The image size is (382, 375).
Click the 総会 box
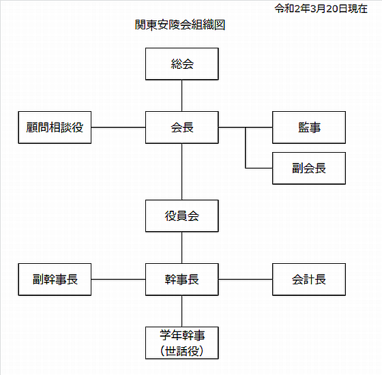click(x=182, y=64)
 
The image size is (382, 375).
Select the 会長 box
click(x=182, y=127)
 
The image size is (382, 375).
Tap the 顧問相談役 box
click(x=55, y=127)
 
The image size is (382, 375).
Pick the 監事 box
click(x=309, y=127)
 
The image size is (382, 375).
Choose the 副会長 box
click(x=309, y=168)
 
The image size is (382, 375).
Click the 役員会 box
click(x=182, y=215)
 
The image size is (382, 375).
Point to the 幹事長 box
click(x=182, y=280)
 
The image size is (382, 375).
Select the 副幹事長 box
click(x=55, y=280)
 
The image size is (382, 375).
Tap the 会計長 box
click(x=309, y=280)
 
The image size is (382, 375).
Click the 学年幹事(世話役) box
click(x=182, y=343)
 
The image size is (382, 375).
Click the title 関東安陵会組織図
click(x=180, y=25)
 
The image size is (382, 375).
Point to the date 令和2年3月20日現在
click(x=321, y=9)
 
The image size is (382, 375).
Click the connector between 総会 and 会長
click(x=182, y=95)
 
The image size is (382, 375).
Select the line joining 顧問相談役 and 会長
click(x=119, y=127)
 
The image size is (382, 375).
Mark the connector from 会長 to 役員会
click(x=182, y=172)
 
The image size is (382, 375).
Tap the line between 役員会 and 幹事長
click(x=182, y=247)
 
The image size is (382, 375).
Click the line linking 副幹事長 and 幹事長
click(x=119, y=280)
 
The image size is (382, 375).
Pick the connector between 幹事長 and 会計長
click(x=246, y=280)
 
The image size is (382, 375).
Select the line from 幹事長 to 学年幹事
click(x=182, y=311)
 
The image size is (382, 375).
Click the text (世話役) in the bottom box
click(x=182, y=351)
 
